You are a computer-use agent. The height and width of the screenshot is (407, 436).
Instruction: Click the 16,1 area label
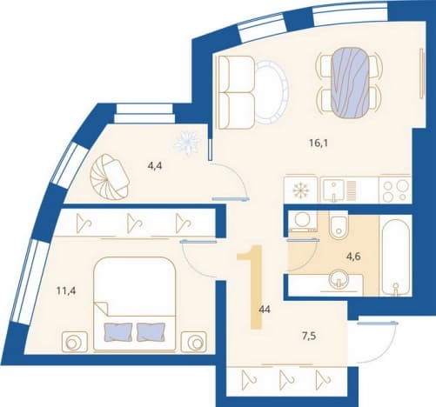319,143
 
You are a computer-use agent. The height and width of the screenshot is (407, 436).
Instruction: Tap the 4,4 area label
155,166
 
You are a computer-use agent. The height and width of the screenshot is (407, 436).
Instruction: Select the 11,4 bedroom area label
66,290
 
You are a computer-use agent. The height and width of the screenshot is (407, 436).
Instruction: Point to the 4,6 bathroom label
353,257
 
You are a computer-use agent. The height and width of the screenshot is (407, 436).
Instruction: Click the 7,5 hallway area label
309,337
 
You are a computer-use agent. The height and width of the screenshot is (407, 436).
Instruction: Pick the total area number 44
265,310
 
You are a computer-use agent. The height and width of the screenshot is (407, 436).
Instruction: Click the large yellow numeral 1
252,287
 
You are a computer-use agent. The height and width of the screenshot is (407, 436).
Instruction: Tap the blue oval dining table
350,83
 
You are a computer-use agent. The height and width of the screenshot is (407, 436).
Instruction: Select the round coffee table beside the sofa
272,92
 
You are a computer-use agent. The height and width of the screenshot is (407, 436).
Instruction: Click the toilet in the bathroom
339,225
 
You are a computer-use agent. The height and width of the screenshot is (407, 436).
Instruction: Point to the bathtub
396,257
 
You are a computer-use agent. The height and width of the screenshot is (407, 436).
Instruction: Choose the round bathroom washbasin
339,279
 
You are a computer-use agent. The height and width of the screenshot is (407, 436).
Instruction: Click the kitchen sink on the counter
333,190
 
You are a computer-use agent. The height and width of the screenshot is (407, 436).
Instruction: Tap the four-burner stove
395,190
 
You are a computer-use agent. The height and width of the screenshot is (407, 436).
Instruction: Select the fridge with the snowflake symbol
301,190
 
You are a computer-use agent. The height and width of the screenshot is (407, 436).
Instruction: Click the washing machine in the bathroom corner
303,220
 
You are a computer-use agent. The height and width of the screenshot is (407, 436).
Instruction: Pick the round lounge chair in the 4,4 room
110,177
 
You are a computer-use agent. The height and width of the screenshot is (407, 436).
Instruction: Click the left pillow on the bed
118,332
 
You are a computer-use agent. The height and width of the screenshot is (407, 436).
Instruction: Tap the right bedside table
193,342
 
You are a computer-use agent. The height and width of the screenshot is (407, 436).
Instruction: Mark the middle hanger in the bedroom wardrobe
135,224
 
